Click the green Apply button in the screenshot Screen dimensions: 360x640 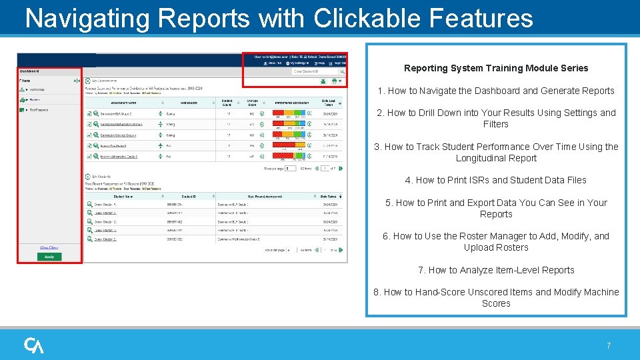pos(49,257)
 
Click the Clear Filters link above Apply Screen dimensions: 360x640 pos(49,247)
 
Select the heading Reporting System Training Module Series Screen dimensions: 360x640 pos(496,68)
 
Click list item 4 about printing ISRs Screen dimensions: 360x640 pos(496,180)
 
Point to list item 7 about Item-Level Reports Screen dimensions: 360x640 pos(496,270)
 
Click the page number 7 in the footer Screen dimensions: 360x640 pos(608,346)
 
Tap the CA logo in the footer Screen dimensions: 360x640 pos(34,345)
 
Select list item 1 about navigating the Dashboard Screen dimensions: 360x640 pos(496,91)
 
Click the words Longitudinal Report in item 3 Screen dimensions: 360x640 pos(496,158)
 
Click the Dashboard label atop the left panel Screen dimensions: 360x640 pos(29,71)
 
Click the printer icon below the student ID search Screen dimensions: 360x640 pos(333,81)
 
